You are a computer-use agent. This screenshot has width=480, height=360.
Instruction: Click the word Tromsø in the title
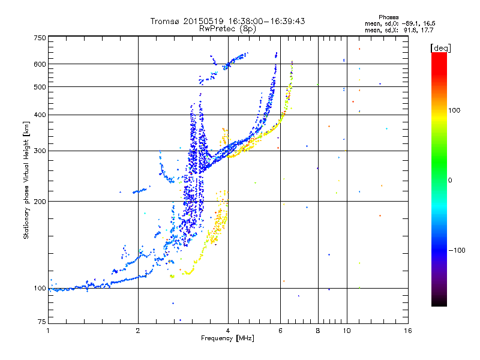click(166, 21)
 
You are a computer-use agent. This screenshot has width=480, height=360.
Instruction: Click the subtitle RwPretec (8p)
click(227, 29)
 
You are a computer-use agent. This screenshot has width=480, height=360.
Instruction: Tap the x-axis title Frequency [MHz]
click(227, 338)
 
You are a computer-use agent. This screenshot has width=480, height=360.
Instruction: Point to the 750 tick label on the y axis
click(40, 38)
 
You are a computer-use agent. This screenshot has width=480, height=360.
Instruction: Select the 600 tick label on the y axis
click(40, 64)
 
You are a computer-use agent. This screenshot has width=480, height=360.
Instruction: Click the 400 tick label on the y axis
click(40, 115)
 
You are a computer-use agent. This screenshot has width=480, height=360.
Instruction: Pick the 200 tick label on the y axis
click(40, 202)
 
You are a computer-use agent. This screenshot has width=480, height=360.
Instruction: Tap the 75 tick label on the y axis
click(42, 322)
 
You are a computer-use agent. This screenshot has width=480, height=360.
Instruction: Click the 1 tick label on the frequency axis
click(48, 331)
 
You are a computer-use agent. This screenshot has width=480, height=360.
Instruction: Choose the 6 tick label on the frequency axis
click(280, 331)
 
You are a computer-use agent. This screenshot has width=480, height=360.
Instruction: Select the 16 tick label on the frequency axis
click(408, 331)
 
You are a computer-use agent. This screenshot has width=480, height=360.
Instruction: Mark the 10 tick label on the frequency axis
click(347, 331)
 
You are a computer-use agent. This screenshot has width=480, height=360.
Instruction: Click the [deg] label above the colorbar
click(440, 49)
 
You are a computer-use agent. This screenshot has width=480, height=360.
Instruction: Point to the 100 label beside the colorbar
click(454, 110)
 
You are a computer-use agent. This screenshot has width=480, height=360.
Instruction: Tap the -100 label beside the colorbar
click(457, 250)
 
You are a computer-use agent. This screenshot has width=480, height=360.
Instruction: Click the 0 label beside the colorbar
click(450, 181)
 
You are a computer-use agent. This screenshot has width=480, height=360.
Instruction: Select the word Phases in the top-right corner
click(389, 17)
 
